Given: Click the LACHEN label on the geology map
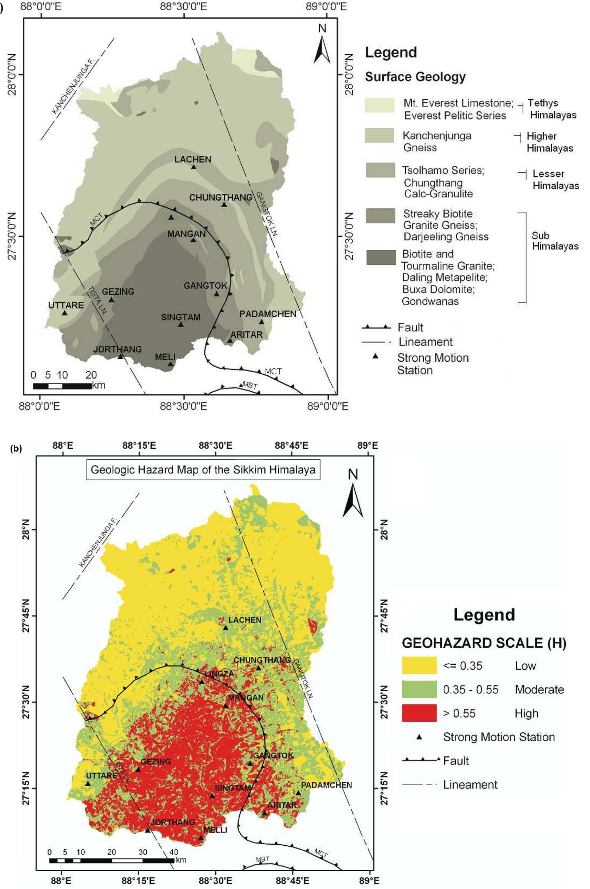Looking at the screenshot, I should click(x=193, y=160).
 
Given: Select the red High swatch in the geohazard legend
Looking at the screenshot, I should click(x=419, y=713).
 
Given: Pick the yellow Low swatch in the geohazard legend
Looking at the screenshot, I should click(x=419, y=666).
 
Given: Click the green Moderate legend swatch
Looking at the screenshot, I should click(x=419, y=689).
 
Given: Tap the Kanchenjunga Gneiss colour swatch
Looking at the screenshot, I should click(x=380, y=135).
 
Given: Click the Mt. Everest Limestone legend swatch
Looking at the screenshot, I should click(x=380, y=105).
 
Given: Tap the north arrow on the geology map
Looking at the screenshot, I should click(x=322, y=45).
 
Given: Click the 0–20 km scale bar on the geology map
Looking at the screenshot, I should click(x=62, y=386).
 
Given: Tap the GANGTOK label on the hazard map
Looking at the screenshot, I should click(x=273, y=755).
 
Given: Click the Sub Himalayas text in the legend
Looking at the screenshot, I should click(x=555, y=241).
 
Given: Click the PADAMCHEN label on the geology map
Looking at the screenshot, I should click(x=268, y=314).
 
